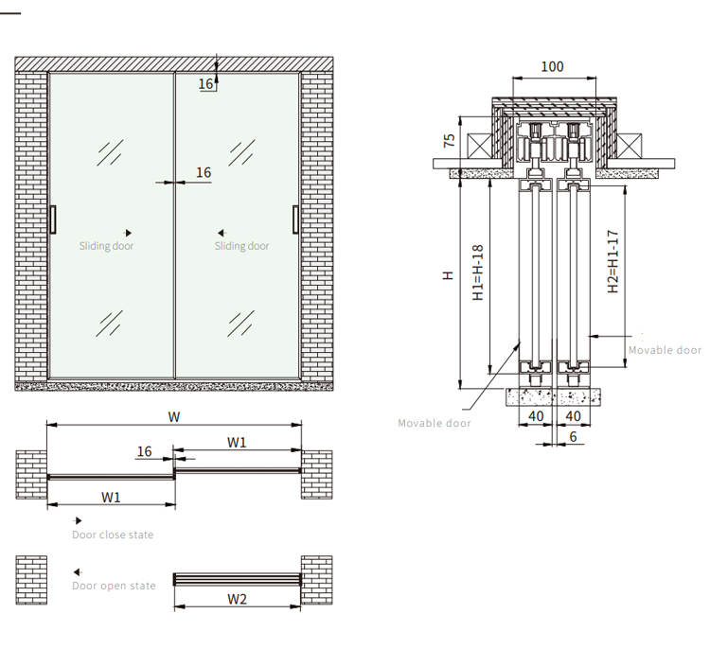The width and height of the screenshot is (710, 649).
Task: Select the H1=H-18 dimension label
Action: coord(478,272)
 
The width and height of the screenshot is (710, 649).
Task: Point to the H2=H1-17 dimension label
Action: coord(612,263)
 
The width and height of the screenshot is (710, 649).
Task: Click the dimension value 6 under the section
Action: coord(573,436)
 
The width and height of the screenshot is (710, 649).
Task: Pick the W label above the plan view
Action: coord(174,416)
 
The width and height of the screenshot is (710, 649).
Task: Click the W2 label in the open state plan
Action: coord(238,598)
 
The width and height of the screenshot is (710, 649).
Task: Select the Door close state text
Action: coord(113,535)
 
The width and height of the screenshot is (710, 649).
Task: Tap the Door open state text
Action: coord(114,586)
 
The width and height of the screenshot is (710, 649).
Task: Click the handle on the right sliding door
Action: coord(296,219)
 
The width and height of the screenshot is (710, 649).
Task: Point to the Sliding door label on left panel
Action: coord(106,246)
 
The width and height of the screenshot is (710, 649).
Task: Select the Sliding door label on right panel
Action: coord(241,246)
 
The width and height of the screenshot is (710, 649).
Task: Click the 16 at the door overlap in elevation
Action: coord(204,172)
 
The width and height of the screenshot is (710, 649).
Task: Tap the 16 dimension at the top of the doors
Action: coord(205,84)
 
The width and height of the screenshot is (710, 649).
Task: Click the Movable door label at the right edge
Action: coord(665,350)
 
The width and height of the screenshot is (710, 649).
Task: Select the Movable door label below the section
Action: coord(435,423)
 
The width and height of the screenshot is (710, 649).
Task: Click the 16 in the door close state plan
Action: coord(144,451)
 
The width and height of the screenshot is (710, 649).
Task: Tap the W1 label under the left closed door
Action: coord(111,497)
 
